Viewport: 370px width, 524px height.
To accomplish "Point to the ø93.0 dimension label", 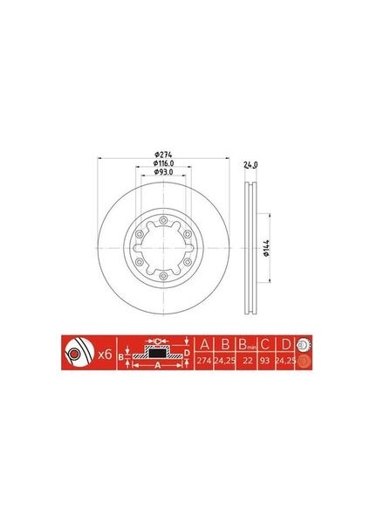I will pos(165,173).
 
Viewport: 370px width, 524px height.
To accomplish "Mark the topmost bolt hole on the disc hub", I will pos(164,217).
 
